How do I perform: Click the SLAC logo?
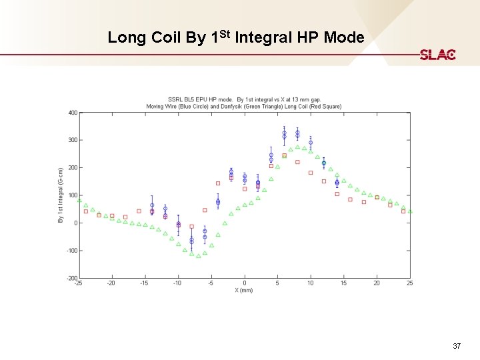click(437, 55)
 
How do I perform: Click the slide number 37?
click(456, 346)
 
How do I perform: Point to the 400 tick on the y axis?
click(73, 113)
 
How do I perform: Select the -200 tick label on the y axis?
click(71, 278)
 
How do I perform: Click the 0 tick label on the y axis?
click(75, 223)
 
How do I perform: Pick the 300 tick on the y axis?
click(73, 140)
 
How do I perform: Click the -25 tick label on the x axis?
click(79, 283)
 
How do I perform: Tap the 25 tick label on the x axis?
click(409, 283)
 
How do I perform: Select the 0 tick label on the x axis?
click(245, 283)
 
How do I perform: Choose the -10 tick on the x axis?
click(177, 283)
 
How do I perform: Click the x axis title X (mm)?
click(244, 290)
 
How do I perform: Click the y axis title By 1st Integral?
click(61, 195)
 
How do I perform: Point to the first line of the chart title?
click(244, 100)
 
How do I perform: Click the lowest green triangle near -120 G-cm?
click(198, 256)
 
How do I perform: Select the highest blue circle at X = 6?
click(284, 133)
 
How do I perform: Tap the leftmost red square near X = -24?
click(85, 211)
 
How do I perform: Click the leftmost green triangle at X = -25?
click(79, 200)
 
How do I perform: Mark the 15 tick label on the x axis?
click(343, 283)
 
